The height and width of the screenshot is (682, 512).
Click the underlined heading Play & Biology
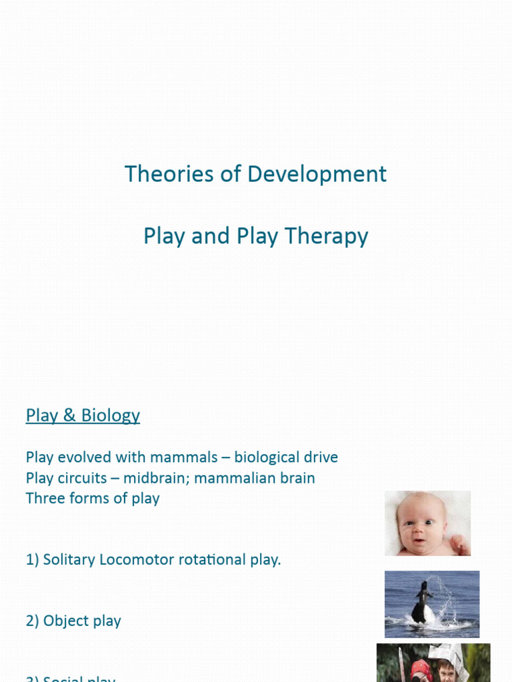pyautogui.click(x=83, y=416)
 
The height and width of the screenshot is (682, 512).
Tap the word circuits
pyautogui.click(x=81, y=478)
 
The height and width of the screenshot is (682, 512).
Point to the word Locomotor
pyautogui.click(x=133, y=559)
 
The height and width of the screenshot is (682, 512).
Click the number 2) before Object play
pyautogui.click(x=33, y=621)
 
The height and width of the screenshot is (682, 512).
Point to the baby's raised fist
pyautogui.click(x=459, y=544)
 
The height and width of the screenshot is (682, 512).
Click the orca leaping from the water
pyautogui.click(x=422, y=603)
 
